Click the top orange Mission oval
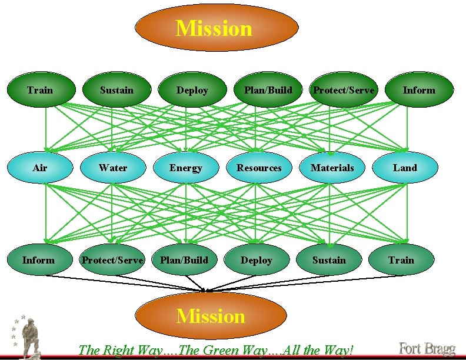pyautogui.click(x=217, y=28)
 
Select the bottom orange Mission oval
pyautogui.click(x=211, y=316)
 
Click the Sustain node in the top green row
pyautogui.click(x=116, y=90)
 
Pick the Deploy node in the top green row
pyautogui.click(x=192, y=90)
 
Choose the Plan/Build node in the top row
pyautogui.click(x=268, y=90)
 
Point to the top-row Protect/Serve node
pyautogui.click(x=344, y=90)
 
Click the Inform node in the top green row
pyautogui.click(x=419, y=90)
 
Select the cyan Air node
pyautogui.click(x=40, y=168)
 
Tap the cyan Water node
pyautogui.click(x=113, y=168)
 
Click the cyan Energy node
pyautogui.click(x=186, y=168)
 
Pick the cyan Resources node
pyautogui.click(x=259, y=168)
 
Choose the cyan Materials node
pyautogui.click(x=332, y=168)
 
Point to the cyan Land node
pyautogui.click(x=405, y=168)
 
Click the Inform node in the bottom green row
pyautogui.click(x=38, y=260)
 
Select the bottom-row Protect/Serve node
pyautogui.click(x=112, y=260)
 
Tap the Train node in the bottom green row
pyautogui.click(x=401, y=260)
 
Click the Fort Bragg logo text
pyautogui.click(x=428, y=348)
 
